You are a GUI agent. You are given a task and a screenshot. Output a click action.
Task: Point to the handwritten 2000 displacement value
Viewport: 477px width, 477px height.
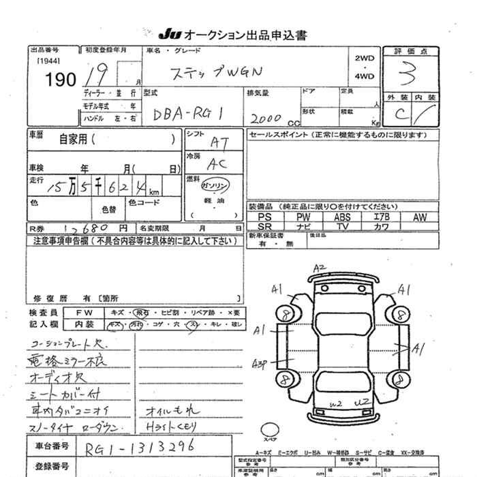click(x=264, y=118)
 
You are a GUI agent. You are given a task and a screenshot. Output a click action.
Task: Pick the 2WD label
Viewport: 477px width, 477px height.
click(x=365, y=59)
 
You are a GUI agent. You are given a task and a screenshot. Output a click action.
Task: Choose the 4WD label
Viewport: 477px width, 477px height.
click(x=365, y=76)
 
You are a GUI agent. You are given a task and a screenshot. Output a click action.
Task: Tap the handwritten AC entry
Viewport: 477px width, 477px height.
click(x=217, y=164)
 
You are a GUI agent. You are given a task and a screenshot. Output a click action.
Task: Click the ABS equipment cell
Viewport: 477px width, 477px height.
click(x=342, y=217)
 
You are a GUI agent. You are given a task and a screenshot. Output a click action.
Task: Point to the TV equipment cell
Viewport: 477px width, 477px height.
click(x=342, y=226)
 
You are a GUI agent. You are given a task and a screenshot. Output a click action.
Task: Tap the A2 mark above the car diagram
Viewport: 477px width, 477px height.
click(x=320, y=267)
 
